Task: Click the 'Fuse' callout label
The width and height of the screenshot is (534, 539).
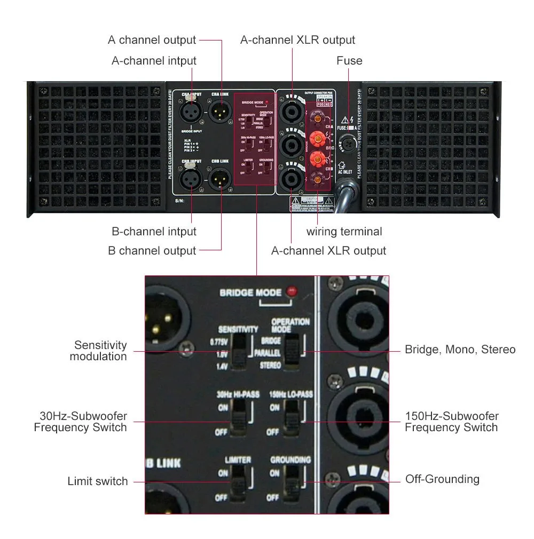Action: coord(349,61)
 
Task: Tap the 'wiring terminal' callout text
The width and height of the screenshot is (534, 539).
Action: coord(344,232)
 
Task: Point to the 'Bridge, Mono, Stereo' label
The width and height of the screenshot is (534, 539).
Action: coord(460,350)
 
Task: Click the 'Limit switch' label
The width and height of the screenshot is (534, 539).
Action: coord(98,481)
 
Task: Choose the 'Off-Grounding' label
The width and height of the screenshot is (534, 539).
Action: coord(442,479)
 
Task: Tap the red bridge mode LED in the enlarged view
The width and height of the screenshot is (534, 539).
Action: coord(292,291)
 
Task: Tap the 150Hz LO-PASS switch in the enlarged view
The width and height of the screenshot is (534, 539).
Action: coord(291,419)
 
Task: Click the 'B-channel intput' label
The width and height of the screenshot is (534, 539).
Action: coord(154,232)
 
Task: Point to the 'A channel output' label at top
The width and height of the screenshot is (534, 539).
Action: coord(152,40)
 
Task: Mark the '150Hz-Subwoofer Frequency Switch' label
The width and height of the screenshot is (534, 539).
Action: coord(451,422)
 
